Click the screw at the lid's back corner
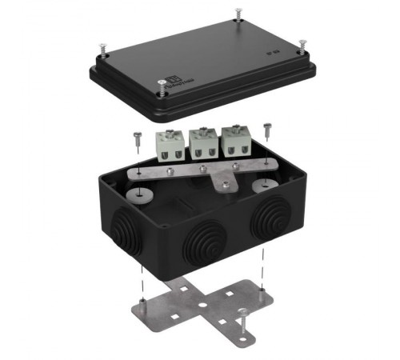[238, 14]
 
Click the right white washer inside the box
[262, 187]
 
